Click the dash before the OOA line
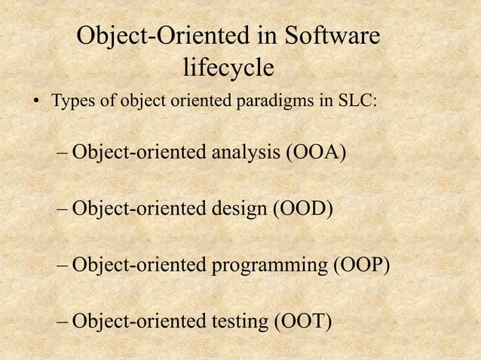pos(63,156)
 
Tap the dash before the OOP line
pos(63,267)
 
